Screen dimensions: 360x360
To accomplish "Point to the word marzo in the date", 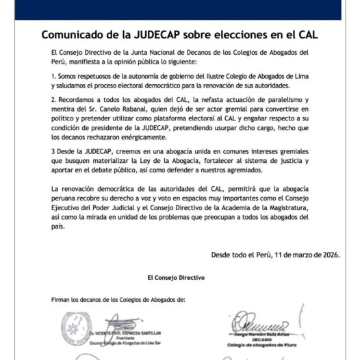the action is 302,255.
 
